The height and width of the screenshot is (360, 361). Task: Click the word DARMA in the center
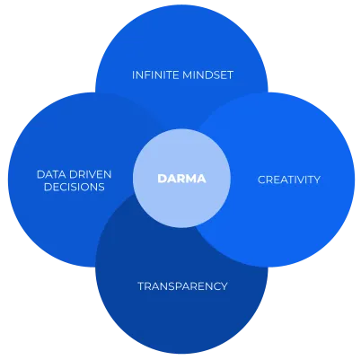pyautogui.click(x=181, y=179)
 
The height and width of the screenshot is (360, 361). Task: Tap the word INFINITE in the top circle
pyautogui.click(x=155, y=75)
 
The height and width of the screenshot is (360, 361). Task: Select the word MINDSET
pyautogui.click(x=207, y=75)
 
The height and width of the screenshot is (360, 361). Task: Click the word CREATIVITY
pyautogui.click(x=289, y=180)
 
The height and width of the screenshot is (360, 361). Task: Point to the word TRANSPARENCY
pyautogui.click(x=182, y=286)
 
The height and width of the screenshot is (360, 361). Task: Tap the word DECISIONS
pyautogui.click(x=75, y=187)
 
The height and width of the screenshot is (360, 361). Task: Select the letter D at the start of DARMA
pyautogui.click(x=162, y=179)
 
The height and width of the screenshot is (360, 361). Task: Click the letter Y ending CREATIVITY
pyautogui.click(x=317, y=180)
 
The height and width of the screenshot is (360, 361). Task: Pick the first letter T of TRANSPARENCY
pyautogui.click(x=141, y=286)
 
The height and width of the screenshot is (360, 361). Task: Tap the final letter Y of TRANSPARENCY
pyautogui.click(x=224, y=286)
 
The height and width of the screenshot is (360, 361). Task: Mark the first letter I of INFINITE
pyautogui.click(x=133, y=75)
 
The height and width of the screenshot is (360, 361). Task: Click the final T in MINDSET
pyautogui.click(x=230, y=75)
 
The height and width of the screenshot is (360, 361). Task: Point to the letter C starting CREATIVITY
pyautogui.click(x=262, y=180)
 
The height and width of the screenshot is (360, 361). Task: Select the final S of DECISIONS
pyautogui.click(x=101, y=187)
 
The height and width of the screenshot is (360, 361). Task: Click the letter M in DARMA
pyautogui.click(x=191, y=179)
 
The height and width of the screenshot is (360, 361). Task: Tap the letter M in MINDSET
pyautogui.click(x=188, y=75)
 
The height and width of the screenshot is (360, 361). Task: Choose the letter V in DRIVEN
pyautogui.click(x=90, y=174)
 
